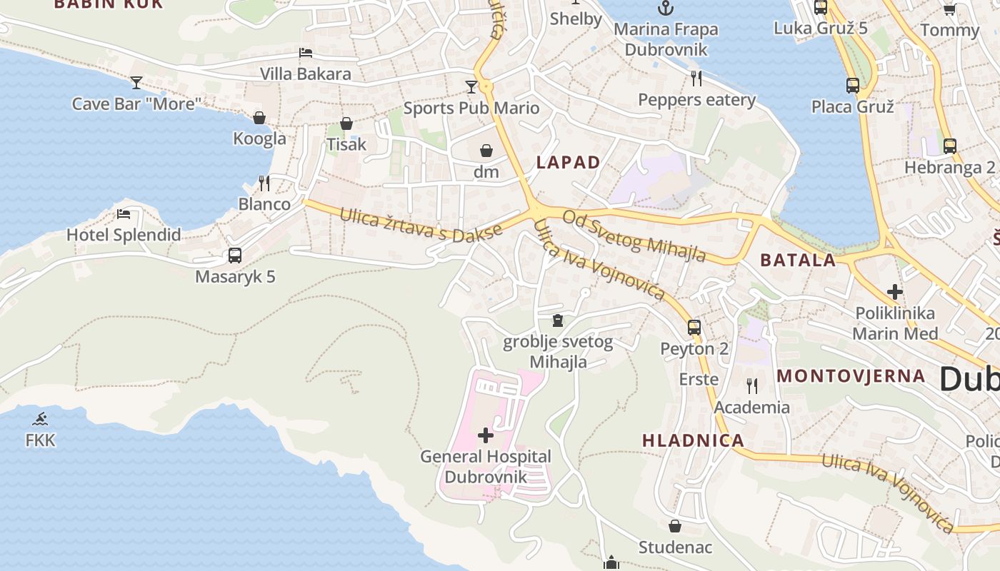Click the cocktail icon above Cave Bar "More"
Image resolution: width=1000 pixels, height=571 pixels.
(x=136, y=82)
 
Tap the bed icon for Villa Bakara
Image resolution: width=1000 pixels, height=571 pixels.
(x=306, y=53)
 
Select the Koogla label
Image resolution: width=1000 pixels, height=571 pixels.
(x=259, y=138)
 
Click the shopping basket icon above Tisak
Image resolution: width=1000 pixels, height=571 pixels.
(x=346, y=123)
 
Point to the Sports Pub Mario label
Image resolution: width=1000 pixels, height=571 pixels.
(x=471, y=108)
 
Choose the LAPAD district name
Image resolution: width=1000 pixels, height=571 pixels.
(x=568, y=162)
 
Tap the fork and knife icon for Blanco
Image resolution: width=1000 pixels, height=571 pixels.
(x=264, y=183)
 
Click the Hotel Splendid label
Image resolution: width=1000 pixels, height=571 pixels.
(x=124, y=235)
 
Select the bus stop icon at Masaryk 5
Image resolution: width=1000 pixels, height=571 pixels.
(x=235, y=255)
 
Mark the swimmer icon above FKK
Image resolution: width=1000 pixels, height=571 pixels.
(x=40, y=419)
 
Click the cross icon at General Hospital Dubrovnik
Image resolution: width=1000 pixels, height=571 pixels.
(x=486, y=435)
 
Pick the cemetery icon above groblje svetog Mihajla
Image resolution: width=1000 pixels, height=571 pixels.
(x=558, y=320)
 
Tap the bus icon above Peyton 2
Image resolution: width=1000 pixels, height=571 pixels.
(x=694, y=328)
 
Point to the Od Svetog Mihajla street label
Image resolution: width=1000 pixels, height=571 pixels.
(x=634, y=236)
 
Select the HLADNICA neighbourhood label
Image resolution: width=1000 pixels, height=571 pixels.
(x=693, y=440)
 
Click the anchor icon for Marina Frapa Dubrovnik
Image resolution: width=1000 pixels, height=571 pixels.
(x=666, y=9)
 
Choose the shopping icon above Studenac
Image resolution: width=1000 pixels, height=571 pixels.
(x=675, y=526)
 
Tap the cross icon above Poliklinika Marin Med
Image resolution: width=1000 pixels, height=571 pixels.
(x=894, y=291)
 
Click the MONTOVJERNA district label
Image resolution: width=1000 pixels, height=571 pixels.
(x=851, y=376)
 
